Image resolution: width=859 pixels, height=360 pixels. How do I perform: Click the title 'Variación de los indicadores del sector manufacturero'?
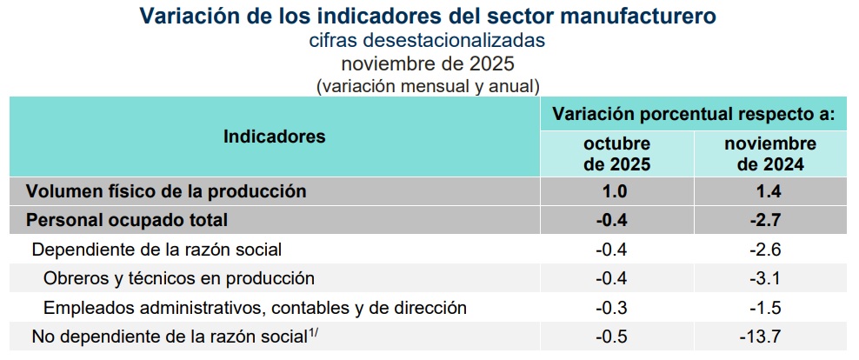429,16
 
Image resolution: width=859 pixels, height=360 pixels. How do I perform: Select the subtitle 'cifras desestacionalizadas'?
428,40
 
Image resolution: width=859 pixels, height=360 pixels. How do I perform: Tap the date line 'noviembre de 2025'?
428,63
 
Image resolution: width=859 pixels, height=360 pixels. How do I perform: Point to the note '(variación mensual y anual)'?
428,85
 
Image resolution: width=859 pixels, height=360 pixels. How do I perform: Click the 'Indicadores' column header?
275,137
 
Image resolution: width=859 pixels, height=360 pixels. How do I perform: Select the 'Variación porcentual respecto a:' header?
694,114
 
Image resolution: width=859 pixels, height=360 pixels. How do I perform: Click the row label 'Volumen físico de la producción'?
166,191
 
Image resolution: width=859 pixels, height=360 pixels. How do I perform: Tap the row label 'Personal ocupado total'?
127,220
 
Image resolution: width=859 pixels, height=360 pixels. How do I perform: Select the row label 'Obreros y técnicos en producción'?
178,278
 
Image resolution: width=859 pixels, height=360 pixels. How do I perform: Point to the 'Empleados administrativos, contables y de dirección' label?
255,307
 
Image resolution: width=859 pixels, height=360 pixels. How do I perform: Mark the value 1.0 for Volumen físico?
616,191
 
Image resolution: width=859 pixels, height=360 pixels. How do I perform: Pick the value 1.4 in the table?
770,191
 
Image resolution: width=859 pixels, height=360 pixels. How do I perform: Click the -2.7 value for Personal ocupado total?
770,220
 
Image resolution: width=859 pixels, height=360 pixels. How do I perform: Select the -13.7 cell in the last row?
770,337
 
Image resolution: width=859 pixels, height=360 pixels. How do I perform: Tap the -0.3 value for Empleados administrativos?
616,307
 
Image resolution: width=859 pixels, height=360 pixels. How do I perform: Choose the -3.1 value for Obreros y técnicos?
770,278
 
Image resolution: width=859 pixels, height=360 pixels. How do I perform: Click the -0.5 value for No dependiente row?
616,337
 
